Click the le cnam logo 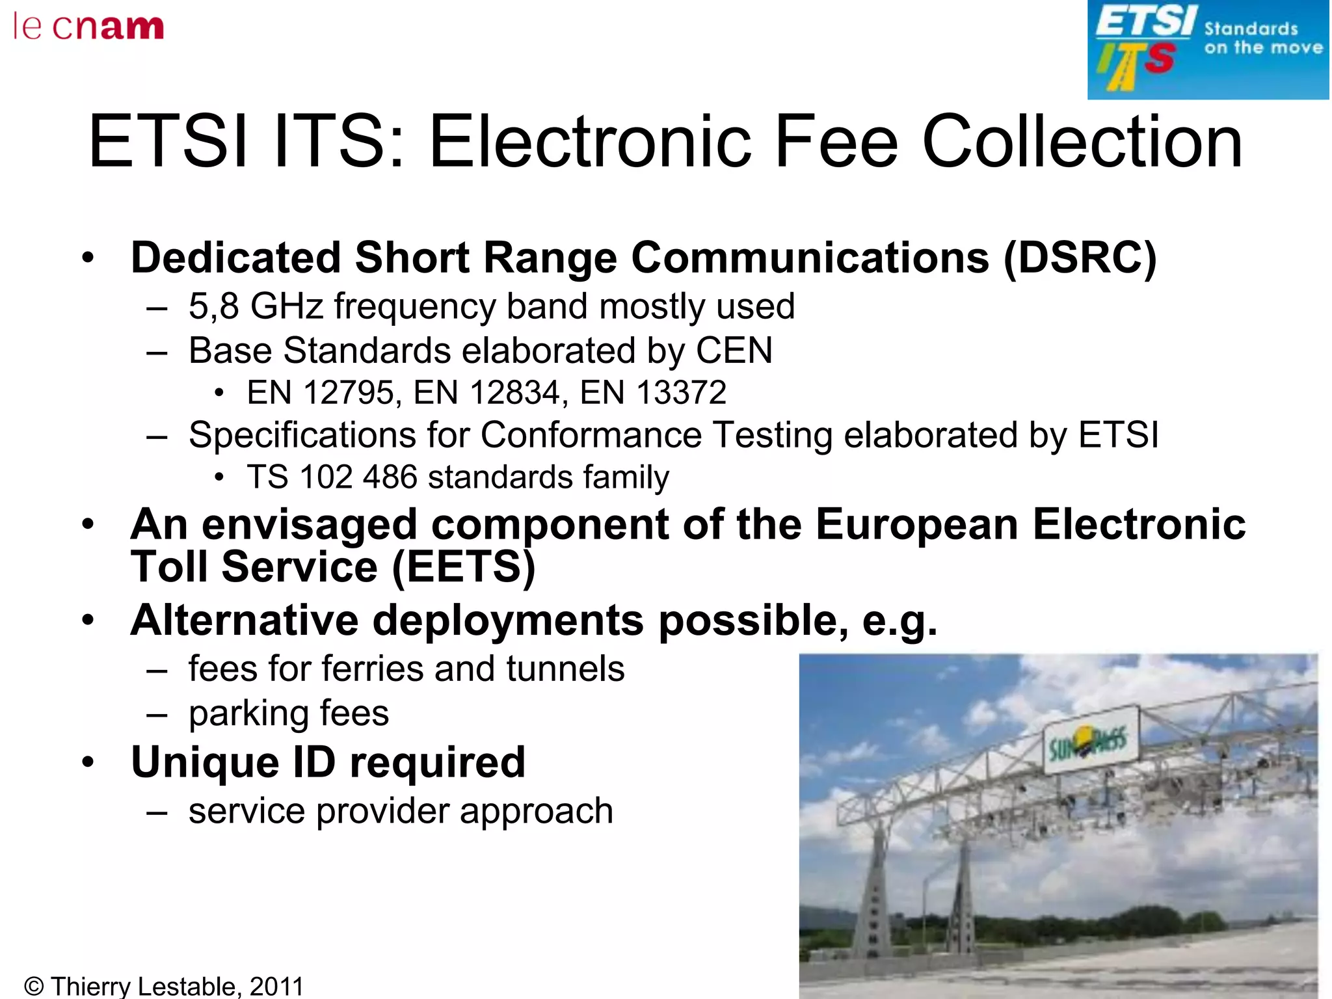click(88, 27)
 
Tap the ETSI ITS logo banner click(1208, 49)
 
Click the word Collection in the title click(1082, 142)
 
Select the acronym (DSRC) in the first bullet click(1080, 258)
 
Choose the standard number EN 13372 click(652, 393)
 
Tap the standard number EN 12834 click(486, 393)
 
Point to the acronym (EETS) click(464, 566)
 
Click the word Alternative click(244, 620)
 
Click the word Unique click(205, 762)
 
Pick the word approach click(536, 811)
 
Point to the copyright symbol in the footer click(33, 987)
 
